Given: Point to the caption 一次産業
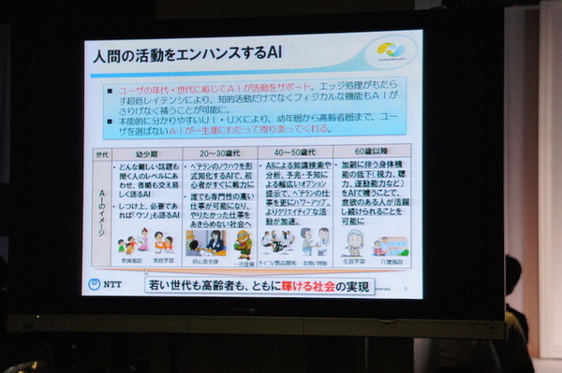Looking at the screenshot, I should (x=244, y=261).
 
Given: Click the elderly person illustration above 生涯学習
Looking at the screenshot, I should (x=353, y=241).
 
